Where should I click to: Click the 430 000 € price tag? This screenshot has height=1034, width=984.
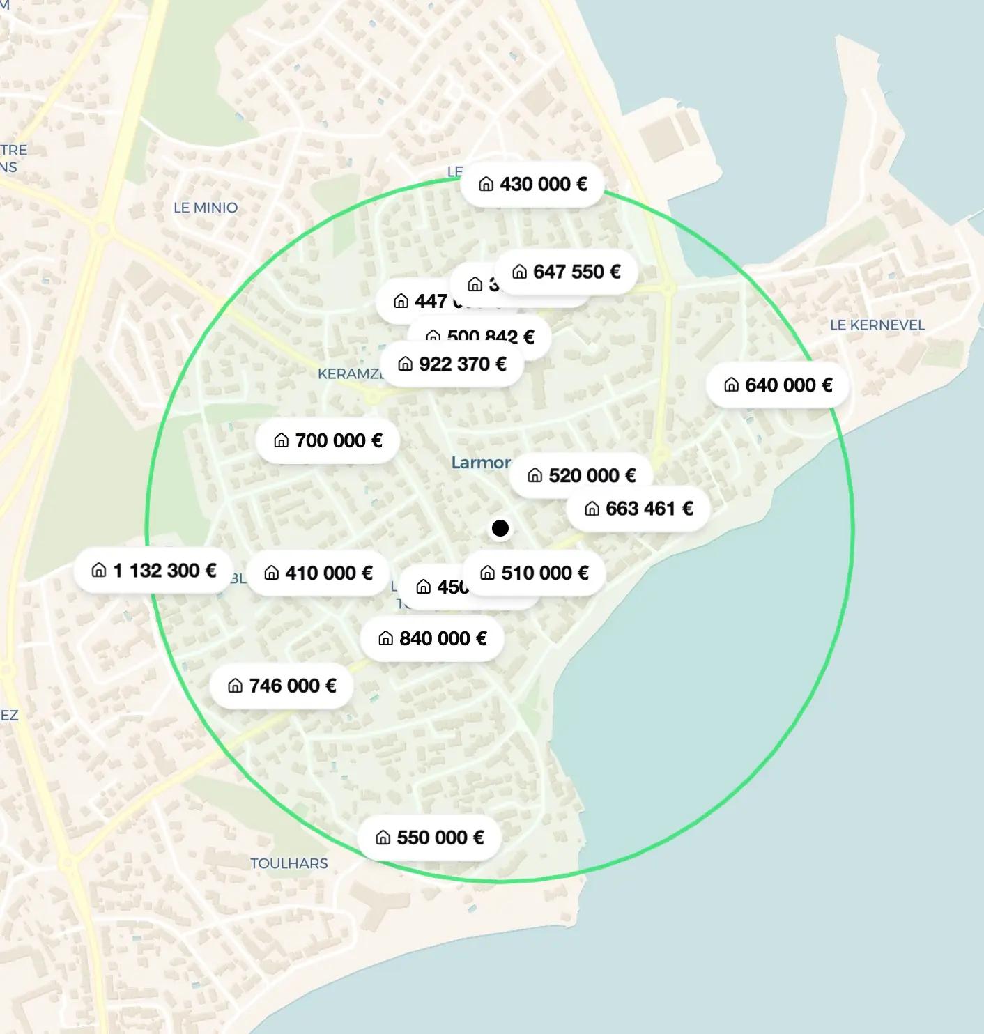(x=532, y=184)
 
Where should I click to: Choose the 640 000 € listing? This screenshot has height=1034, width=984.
(x=778, y=385)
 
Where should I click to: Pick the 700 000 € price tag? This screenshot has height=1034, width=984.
(x=328, y=440)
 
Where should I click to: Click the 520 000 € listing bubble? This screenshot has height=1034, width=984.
(x=581, y=475)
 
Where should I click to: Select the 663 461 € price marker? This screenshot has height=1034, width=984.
(x=638, y=509)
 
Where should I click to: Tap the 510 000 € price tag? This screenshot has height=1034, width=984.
(x=534, y=573)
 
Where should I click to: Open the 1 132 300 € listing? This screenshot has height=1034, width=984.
(x=153, y=571)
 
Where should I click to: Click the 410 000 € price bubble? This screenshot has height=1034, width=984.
(x=318, y=573)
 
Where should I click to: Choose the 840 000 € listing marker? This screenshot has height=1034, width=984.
(x=432, y=638)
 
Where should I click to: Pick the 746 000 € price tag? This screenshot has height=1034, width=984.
(x=282, y=686)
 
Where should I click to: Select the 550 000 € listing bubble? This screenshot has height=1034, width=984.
(x=429, y=837)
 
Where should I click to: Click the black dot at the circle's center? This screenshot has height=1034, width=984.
(x=500, y=528)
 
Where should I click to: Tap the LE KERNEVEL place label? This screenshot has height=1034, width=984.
(x=877, y=325)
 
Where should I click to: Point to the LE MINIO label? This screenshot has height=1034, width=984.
(x=206, y=208)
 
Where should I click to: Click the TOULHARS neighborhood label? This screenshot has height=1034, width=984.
(x=289, y=863)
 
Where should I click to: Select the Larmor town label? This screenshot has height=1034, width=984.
(x=481, y=463)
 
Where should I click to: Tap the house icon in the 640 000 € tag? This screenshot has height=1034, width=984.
(x=731, y=385)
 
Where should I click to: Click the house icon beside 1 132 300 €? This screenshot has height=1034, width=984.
(x=99, y=571)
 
